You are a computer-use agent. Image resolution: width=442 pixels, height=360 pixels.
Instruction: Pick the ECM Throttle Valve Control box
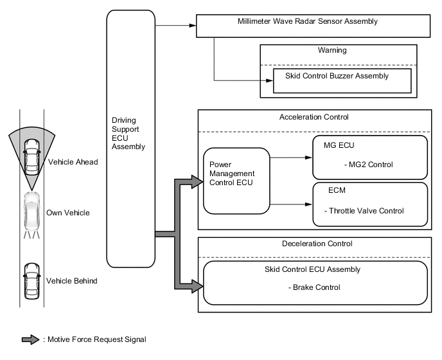click(369, 204)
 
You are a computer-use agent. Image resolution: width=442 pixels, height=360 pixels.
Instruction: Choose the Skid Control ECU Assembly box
click(315, 282)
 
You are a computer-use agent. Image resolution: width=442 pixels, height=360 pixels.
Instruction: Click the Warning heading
click(332, 50)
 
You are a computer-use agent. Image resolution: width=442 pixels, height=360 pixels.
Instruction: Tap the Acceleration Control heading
click(314, 118)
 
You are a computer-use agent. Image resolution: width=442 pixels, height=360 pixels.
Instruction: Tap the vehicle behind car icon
click(30, 280)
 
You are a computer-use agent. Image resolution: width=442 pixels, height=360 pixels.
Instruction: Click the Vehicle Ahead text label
click(73, 162)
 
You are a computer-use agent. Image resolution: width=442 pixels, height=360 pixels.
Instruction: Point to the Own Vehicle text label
click(68, 213)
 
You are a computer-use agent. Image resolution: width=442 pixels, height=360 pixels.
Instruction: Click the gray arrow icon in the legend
click(30, 340)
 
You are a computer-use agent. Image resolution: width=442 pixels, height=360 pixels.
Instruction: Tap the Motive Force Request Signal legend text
click(95, 340)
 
